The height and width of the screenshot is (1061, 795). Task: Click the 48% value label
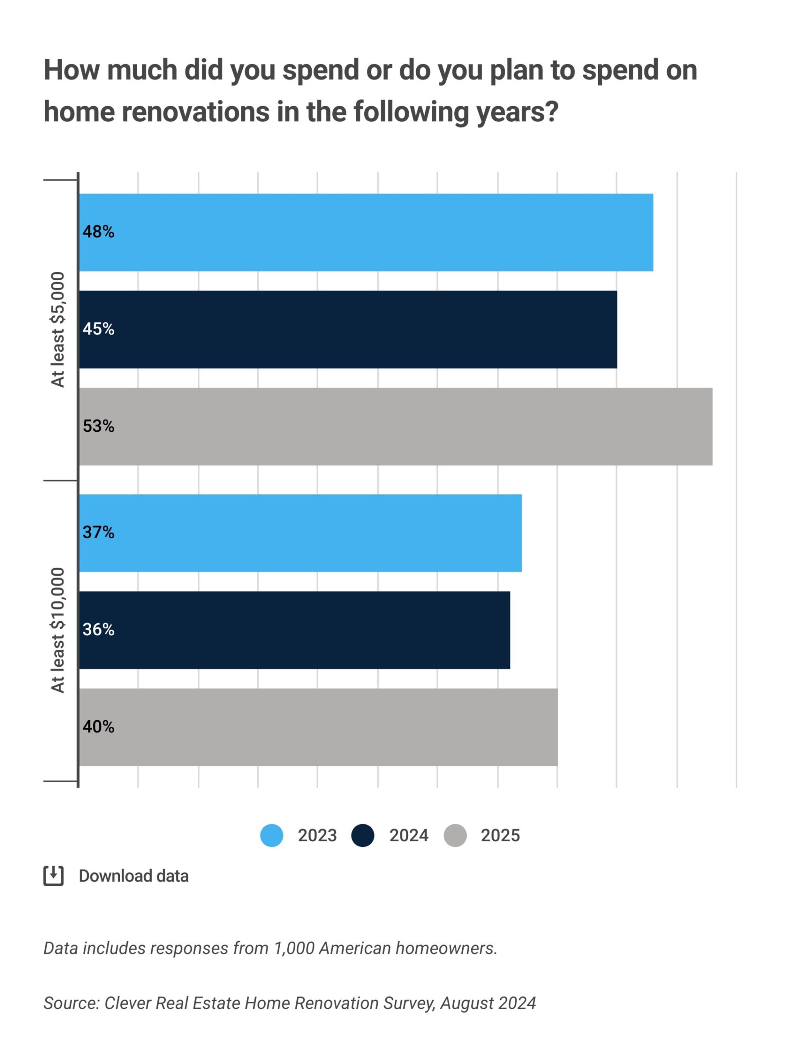tap(98, 232)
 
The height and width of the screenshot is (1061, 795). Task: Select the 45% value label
tap(98, 329)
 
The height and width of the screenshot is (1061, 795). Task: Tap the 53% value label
tap(98, 426)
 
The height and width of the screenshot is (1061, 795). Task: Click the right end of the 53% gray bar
tap(712, 426)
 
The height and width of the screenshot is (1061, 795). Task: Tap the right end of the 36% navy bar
tap(509, 630)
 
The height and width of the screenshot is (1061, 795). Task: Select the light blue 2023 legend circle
tap(271, 836)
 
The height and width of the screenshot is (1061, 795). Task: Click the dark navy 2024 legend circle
tap(363, 836)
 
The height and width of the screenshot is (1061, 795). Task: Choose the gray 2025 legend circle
tap(455, 836)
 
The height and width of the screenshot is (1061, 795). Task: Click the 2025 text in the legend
tap(500, 836)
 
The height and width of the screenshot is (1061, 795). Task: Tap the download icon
tap(53, 876)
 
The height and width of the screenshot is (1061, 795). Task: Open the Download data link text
tap(134, 876)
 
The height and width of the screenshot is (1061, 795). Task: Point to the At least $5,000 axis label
tap(58, 329)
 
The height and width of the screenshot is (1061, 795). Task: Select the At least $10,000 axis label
tap(58, 630)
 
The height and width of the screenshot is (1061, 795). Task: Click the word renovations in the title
tap(195, 112)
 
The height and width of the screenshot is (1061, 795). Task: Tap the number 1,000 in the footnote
tap(293, 949)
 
